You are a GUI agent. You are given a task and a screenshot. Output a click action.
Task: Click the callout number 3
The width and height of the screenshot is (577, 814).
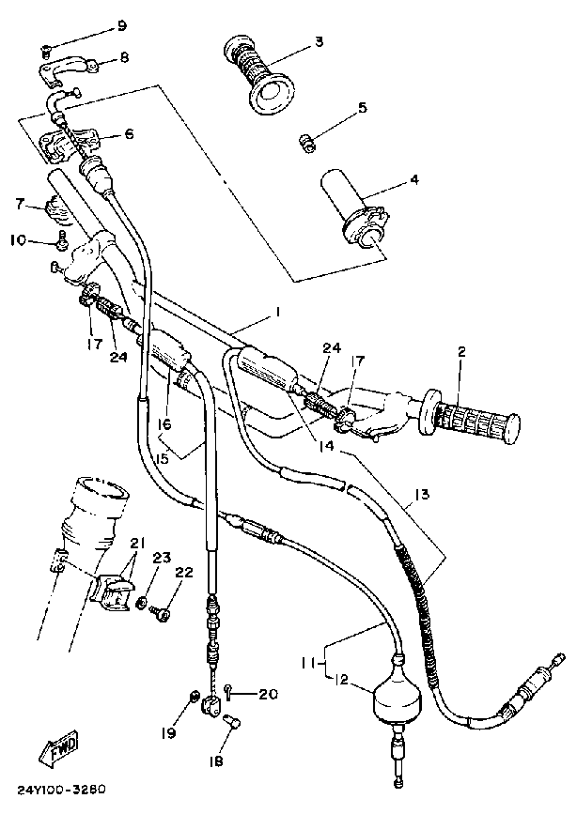[x=319, y=41]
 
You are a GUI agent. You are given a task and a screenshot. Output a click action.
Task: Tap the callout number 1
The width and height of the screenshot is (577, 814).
[x=277, y=311]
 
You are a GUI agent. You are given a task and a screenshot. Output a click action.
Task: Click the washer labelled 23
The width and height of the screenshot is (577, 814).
[x=142, y=602]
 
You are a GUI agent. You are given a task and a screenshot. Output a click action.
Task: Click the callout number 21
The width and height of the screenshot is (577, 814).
[x=137, y=545]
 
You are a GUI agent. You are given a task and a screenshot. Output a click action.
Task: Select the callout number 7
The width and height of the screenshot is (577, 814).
[x=18, y=202]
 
